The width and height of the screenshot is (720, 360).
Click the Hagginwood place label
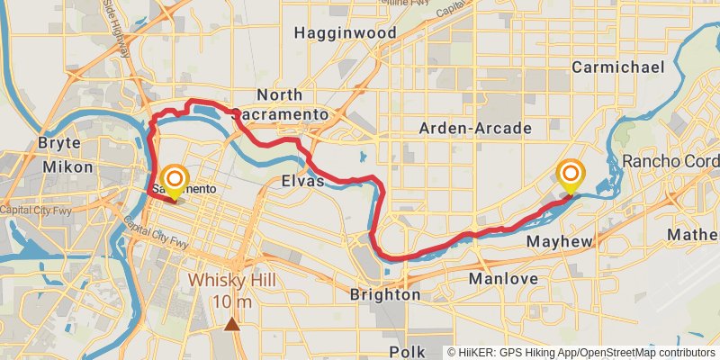[x=345, y=33]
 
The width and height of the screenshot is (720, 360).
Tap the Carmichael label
[x=617, y=67]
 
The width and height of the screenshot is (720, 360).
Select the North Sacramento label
[x=292, y=104]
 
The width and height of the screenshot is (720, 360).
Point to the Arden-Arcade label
[x=475, y=129]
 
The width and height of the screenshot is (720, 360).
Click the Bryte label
[x=60, y=143]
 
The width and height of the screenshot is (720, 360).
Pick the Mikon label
[x=67, y=166]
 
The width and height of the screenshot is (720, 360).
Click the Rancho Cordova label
[x=670, y=162]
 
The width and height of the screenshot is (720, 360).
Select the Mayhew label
[x=559, y=242]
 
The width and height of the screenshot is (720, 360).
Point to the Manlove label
[x=503, y=279]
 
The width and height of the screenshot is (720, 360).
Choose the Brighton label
[x=384, y=294]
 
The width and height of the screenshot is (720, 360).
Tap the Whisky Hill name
[x=231, y=280]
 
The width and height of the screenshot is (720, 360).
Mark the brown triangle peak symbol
[x=233, y=324]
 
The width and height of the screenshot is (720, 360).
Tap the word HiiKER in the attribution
[x=477, y=353]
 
